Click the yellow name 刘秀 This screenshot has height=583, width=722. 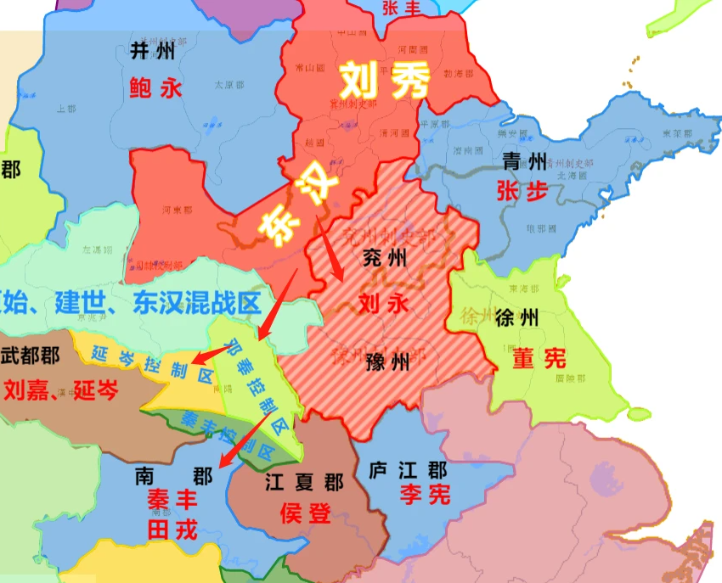[384, 82]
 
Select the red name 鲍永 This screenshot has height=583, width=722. [156, 87]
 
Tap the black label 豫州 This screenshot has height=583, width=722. [386, 363]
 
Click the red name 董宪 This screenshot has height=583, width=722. [539, 358]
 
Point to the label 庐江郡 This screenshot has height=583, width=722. [409, 469]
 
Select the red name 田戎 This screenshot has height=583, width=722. [172, 530]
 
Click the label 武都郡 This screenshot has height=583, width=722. [31, 356]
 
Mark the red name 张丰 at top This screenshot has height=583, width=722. [403, 8]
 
